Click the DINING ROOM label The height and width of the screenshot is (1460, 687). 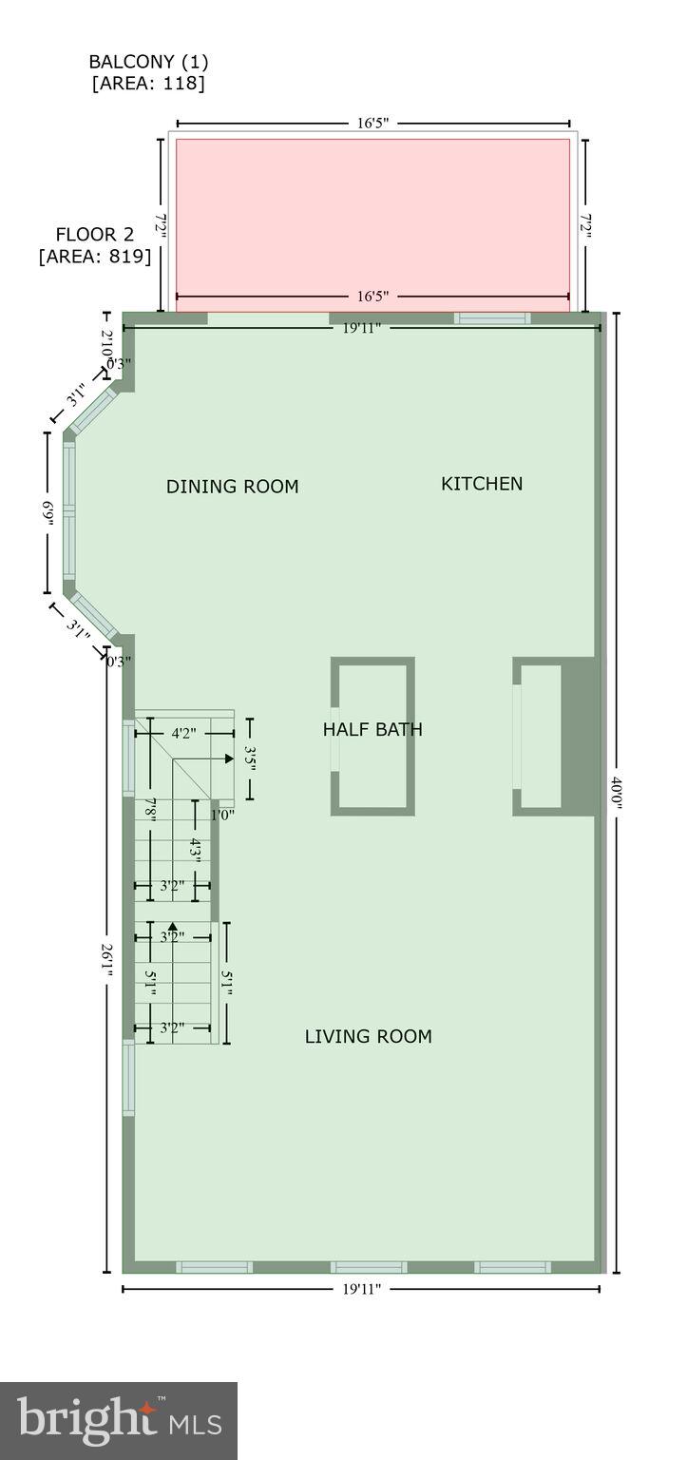click(232, 487)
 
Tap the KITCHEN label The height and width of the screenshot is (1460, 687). click(482, 484)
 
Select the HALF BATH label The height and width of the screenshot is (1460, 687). click(372, 730)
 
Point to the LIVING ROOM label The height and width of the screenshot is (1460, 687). click(368, 1037)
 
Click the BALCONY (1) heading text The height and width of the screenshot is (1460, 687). click(148, 62)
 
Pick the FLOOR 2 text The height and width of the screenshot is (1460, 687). click(94, 234)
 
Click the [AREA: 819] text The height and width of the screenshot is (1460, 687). click(94, 256)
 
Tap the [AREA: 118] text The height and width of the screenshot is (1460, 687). click(148, 84)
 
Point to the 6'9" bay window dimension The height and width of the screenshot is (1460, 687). click(47, 514)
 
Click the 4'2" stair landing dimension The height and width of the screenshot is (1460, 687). click(184, 734)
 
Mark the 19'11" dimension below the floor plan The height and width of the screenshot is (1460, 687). click(362, 1290)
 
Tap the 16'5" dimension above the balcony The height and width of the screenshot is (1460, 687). click(373, 124)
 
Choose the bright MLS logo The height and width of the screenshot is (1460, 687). click(119, 1420)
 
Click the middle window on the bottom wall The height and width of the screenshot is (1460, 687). click(369, 1267)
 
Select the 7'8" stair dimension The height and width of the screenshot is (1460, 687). click(150, 809)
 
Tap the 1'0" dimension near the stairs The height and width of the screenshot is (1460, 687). click(221, 814)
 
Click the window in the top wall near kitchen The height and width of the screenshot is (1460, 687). click(491, 318)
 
